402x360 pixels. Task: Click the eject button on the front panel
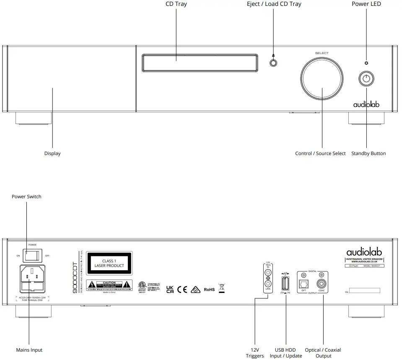[273, 63]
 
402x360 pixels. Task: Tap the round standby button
[367, 78]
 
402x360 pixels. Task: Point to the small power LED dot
[367, 63]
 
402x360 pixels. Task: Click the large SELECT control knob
[322, 77]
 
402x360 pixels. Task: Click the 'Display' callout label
[52, 153]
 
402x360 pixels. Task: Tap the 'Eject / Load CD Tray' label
[274, 4]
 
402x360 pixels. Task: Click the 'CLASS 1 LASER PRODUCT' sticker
[109, 263]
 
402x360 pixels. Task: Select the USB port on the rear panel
[285, 284]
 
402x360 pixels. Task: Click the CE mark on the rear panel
[182, 290]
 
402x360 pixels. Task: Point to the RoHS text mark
[209, 290]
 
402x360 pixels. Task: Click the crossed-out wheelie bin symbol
[223, 289]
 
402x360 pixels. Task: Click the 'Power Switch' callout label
[26, 197]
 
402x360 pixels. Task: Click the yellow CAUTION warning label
[109, 285]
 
